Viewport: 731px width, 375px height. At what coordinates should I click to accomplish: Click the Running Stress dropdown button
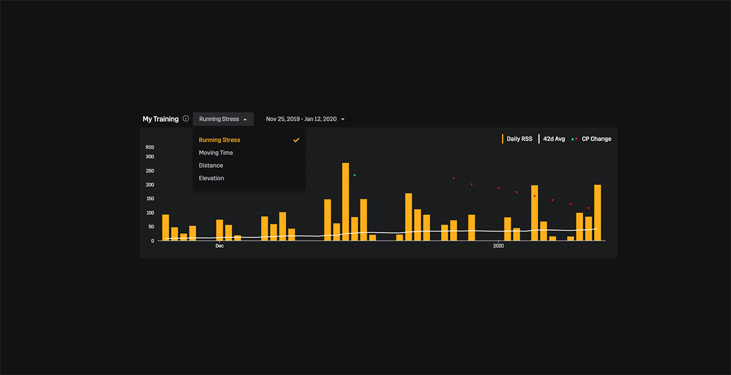[223, 119]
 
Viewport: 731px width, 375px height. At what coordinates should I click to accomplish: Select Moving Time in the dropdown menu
[216, 153]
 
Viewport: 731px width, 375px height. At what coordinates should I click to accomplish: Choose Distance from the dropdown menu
[211, 166]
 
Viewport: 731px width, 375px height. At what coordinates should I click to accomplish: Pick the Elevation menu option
[211, 178]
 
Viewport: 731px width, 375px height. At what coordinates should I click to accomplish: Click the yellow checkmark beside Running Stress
[296, 140]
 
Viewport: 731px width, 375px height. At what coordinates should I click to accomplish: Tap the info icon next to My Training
[186, 118]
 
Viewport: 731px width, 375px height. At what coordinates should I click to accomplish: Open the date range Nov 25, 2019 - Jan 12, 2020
[305, 119]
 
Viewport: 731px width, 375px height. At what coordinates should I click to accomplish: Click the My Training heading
[161, 119]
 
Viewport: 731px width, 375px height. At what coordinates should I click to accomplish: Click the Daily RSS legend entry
[517, 139]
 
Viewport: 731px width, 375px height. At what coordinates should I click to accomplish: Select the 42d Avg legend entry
[551, 139]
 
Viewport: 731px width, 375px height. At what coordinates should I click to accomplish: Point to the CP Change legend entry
[591, 139]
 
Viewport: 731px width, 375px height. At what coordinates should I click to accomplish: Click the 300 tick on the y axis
[150, 157]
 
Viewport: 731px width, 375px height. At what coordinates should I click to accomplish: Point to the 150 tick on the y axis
[150, 198]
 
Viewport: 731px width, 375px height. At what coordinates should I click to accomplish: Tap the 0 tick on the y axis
[152, 241]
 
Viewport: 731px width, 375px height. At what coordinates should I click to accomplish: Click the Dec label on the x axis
[219, 246]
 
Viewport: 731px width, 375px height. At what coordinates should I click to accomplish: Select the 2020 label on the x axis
[498, 246]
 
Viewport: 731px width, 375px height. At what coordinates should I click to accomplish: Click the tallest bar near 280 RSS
[345, 202]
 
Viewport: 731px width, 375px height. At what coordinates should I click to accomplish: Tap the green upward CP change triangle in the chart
[355, 175]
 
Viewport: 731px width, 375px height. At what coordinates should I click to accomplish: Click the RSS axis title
[150, 147]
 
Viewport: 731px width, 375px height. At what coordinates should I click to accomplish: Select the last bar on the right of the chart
[598, 213]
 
